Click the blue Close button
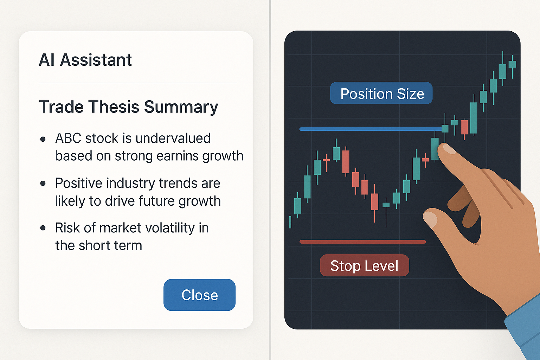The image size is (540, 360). tap(199, 295)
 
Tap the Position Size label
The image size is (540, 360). tap(381, 94)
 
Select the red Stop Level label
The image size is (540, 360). tap(364, 266)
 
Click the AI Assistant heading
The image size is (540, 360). tap(85, 60)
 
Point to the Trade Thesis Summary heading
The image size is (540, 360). tap(128, 107)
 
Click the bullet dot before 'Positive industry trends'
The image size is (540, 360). tap(43, 183)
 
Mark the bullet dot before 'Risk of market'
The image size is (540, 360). tap(43, 228)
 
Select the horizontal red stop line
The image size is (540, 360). tap(362, 242)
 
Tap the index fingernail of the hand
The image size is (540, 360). tap(449, 149)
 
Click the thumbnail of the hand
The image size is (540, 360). tap(430, 218)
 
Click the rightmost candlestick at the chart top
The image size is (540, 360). tap(512, 64)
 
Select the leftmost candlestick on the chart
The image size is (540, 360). tap(290, 222)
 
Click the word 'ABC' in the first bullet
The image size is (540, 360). tap(69, 138)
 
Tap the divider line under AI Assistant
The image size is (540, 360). tap(139, 83)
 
